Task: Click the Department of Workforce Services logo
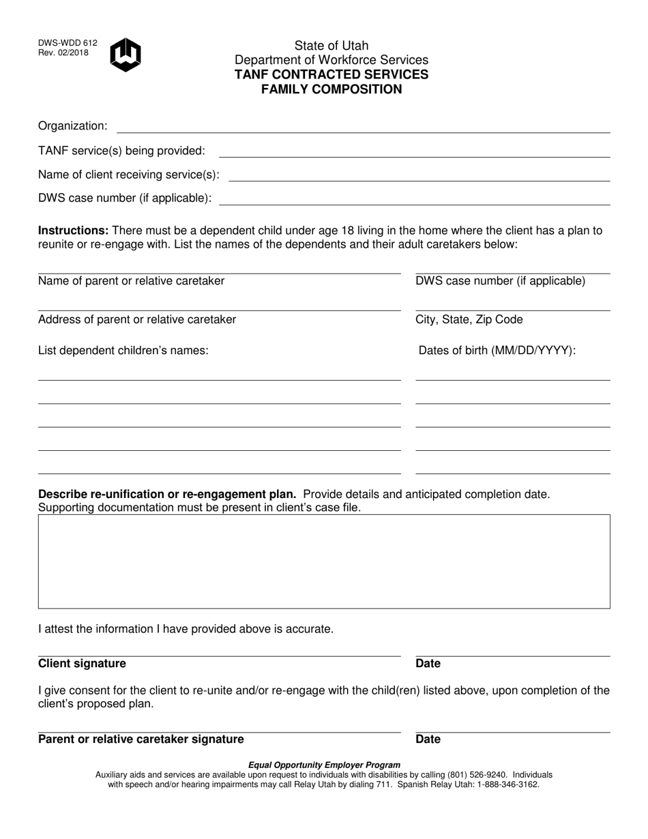126,55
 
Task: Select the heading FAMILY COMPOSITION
332,89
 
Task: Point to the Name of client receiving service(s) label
129,175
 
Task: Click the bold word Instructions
73,231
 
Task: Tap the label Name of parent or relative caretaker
131,281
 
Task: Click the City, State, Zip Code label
469,320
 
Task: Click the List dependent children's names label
123,351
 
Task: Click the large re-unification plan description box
324,561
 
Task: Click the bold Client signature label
82,664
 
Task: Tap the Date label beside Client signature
428,664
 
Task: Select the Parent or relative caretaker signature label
141,739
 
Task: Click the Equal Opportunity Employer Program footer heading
324,765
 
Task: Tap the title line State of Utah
332,46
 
